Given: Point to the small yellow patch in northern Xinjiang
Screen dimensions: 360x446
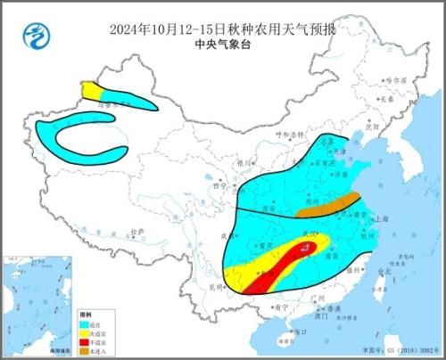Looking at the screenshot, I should click(x=91, y=90).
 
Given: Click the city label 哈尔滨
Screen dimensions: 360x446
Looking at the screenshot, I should click(x=396, y=80).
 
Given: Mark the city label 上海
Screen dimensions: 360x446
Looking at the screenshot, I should click(x=381, y=217).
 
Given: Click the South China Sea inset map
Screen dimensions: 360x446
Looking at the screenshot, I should click(x=36, y=316).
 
